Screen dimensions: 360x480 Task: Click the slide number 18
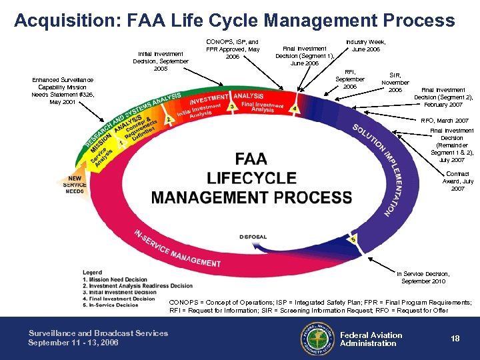coord(455,339)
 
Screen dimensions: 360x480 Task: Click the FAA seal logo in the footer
coord(317,338)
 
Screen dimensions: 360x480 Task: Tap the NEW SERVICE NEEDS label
coord(75,185)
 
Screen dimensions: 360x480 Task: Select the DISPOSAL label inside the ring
coord(253,237)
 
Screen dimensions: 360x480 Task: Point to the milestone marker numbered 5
coord(353,239)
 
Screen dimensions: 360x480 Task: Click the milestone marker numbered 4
coord(295,108)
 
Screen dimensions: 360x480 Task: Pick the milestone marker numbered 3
coord(231,106)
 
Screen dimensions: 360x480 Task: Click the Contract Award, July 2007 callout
coord(458,181)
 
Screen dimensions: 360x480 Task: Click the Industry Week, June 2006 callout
coord(365,45)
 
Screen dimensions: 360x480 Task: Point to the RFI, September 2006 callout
coord(350,79)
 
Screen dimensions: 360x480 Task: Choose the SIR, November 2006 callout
coord(395,83)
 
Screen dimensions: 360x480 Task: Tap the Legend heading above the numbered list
coord(93,272)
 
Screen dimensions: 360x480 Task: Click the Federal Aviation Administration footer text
coord(371,339)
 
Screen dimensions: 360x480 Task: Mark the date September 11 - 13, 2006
coord(73,343)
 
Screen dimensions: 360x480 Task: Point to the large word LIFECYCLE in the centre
coord(251,178)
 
